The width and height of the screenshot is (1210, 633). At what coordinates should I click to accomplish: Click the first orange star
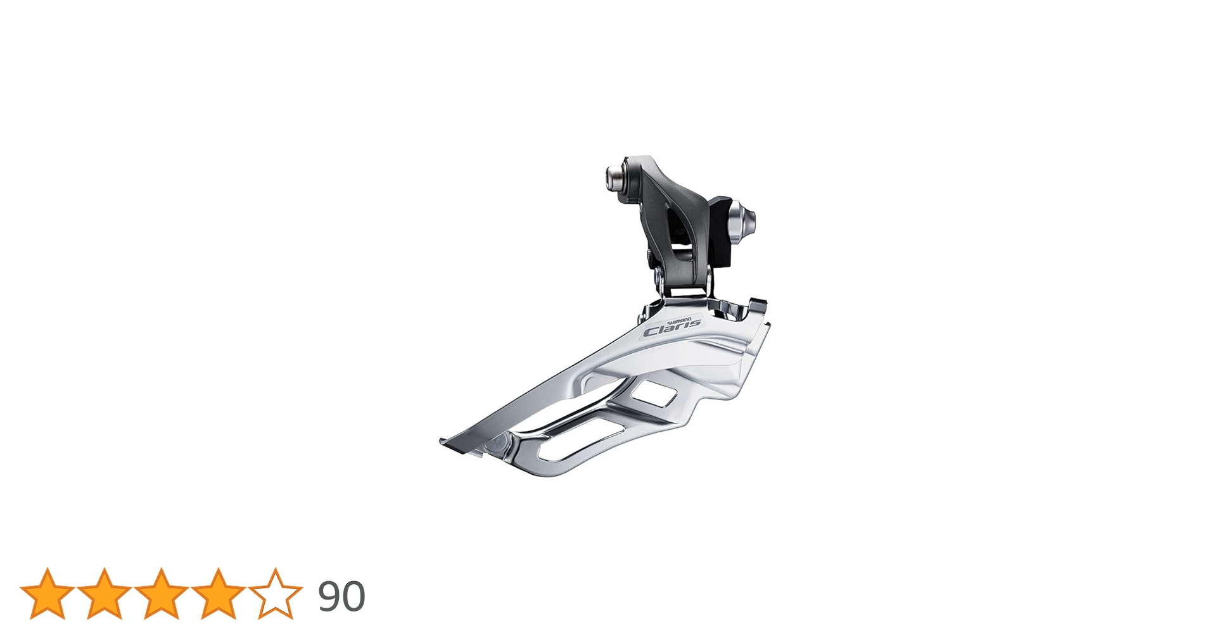click(48, 594)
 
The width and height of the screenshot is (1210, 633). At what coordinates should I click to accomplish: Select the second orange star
click(105, 594)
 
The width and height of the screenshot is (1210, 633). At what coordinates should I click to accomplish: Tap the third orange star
click(162, 594)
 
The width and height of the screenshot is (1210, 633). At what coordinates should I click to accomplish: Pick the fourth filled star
click(219, 594)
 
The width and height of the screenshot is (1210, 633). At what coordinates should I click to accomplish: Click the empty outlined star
click(276, 594)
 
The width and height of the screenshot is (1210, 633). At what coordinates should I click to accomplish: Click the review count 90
click(341, 596)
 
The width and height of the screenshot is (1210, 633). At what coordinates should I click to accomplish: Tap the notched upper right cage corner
click(755, 307)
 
